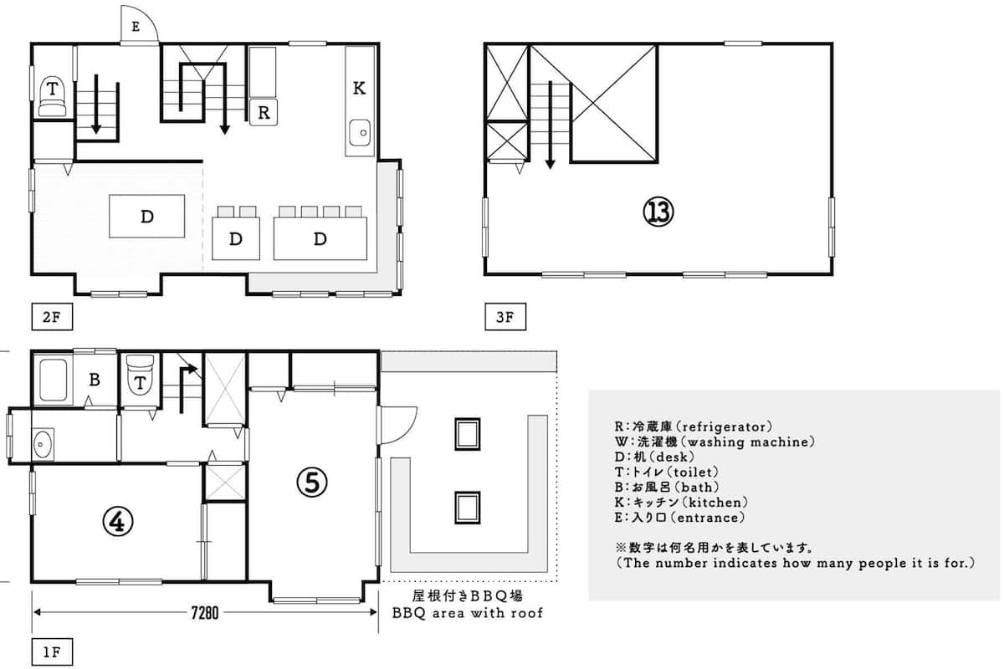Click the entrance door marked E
coord(140,25)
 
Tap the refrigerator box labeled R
coord(264,112)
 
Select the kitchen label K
coord(359,88)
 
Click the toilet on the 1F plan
coord(141,375)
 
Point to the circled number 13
coord(658,212)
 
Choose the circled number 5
coord(312,483)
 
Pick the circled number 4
coord(118,522)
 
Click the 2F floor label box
coord(52,317)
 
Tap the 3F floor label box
coord(505,317)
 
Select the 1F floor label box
coord(52,652)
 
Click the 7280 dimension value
coord(205,612)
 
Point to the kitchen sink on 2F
coord(360,133)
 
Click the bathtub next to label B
coord(53,380)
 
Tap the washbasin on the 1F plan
coord(43,444)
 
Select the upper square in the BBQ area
coord(468,434)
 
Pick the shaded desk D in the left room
coord(147,216)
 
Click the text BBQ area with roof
coord(468,613)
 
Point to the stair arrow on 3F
coord(551,125)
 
